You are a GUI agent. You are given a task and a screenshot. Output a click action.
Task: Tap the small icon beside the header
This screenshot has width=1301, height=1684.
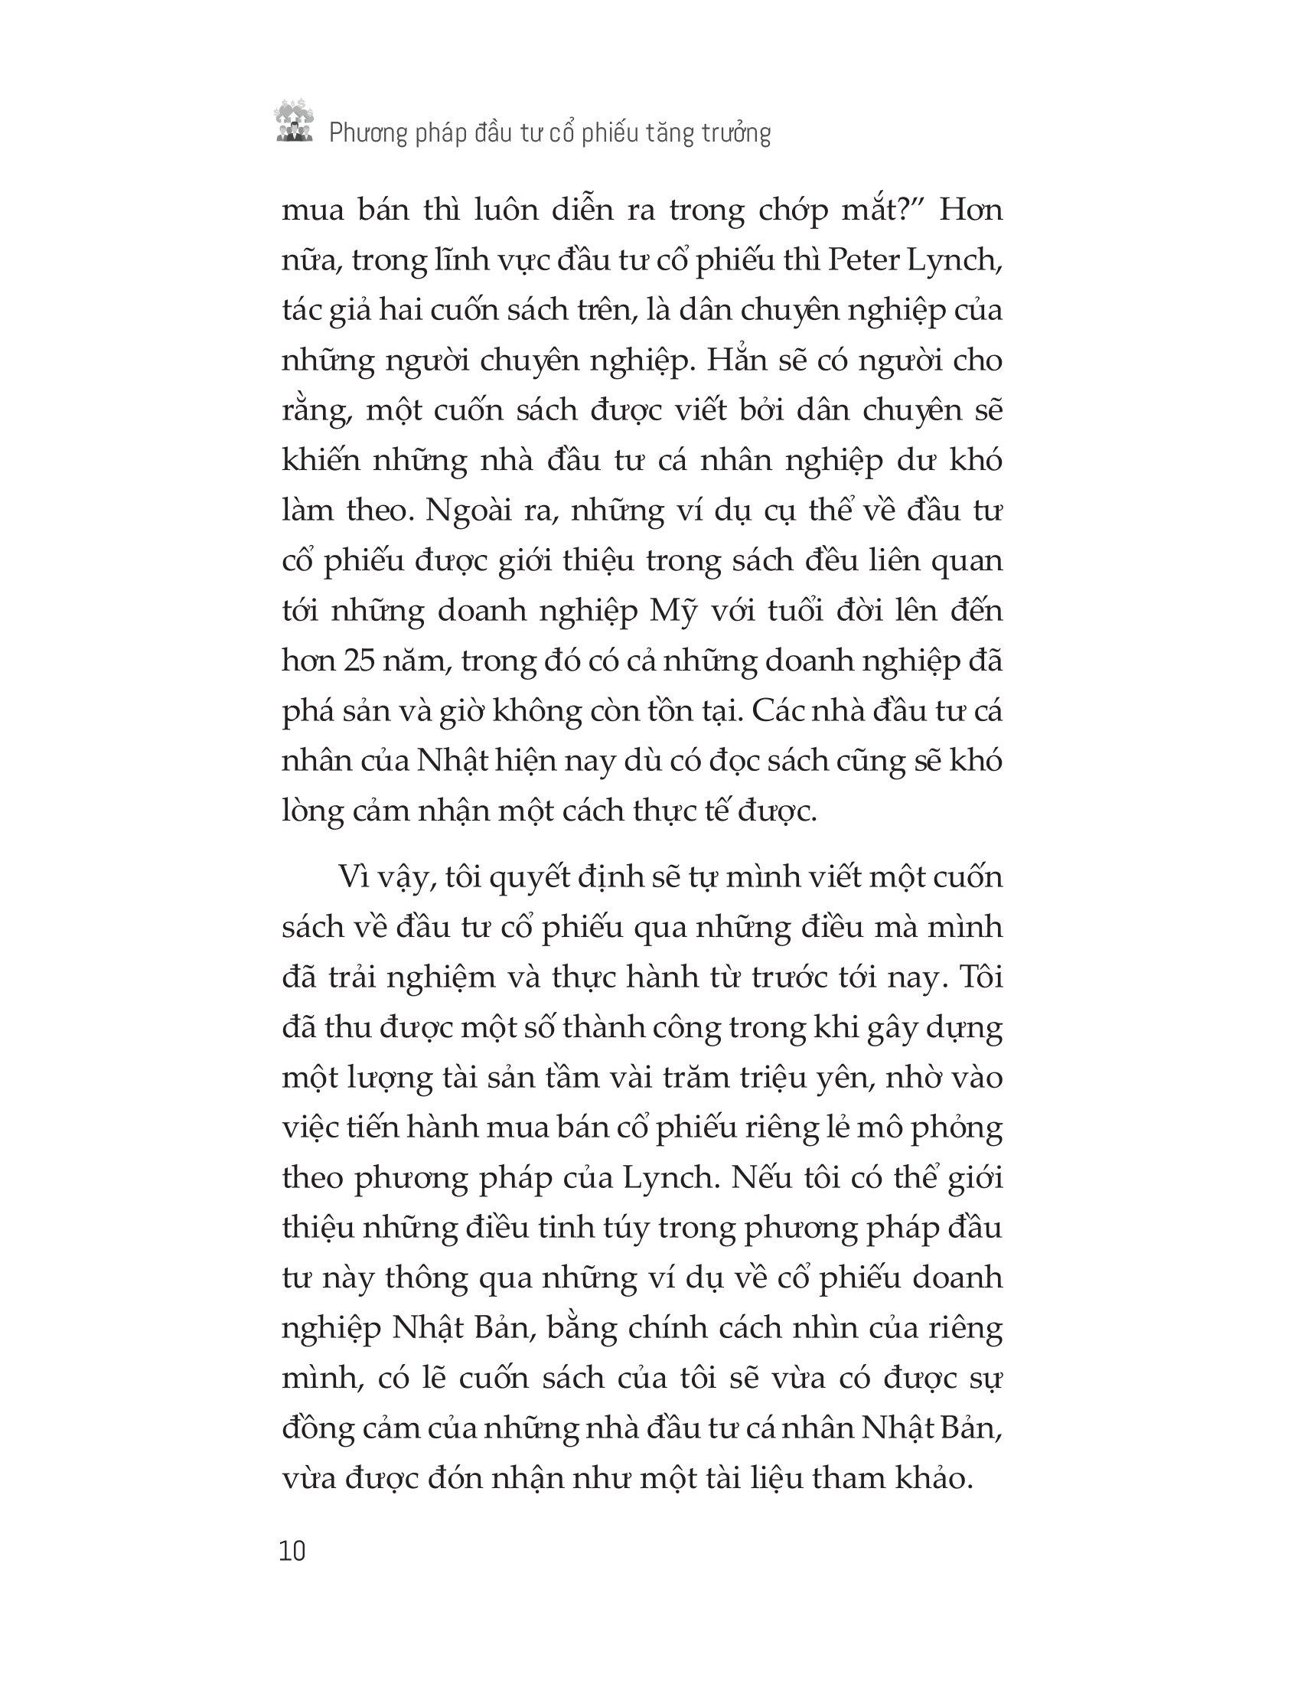pyautogui.click(x=294, y=121)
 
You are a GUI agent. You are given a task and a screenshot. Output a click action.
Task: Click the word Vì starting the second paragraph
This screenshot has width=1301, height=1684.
pyautogui.click(x=351, y=878)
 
